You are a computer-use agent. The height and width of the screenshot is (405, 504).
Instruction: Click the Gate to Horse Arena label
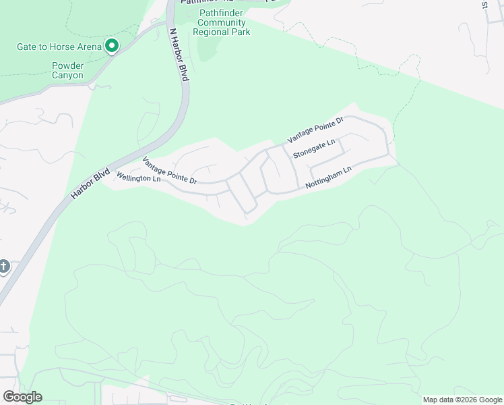59,47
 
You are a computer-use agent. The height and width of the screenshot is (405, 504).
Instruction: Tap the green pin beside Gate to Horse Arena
112,47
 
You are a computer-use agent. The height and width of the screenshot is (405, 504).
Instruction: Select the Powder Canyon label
68,71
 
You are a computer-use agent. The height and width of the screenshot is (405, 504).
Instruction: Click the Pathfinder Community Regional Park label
222,22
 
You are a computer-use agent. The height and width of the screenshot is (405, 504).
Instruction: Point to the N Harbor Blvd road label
179,55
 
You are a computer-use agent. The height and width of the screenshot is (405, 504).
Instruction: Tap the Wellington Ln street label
139,178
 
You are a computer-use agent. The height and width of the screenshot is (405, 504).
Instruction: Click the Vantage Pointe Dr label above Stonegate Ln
315,129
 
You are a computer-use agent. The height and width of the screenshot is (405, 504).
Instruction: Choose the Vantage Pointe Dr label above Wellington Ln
169,171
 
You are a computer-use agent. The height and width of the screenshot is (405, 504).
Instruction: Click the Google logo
22,397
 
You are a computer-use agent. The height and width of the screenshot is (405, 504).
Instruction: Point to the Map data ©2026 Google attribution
463,400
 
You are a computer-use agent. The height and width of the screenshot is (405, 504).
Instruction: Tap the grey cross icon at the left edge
3,267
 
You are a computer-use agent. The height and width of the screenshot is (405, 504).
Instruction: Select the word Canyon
68,76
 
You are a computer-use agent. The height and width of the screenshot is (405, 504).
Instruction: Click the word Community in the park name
222,22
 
